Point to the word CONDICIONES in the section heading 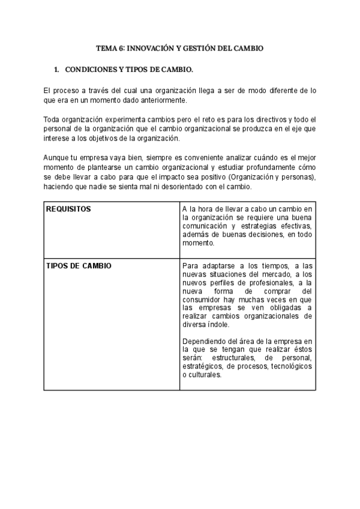[x=92, y=70]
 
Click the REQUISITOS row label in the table [x=68, y=209]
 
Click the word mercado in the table [x=260, y=274]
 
